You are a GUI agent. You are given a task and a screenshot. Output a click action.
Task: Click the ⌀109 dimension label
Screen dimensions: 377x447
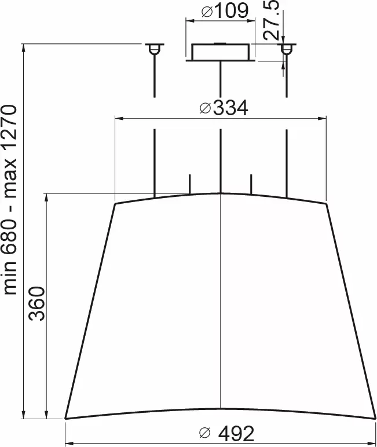pos(225,11)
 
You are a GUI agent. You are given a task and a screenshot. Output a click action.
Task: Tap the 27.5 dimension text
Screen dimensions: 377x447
pos(271,20)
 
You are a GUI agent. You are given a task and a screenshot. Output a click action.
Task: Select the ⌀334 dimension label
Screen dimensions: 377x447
pos(224,108)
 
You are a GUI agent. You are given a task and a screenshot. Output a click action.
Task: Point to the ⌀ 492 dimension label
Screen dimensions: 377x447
pos(226,433)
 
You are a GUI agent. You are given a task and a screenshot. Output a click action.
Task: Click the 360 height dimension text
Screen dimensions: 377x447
pos(38,303)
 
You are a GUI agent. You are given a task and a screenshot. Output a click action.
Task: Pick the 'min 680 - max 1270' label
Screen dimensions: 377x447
pos(11,200)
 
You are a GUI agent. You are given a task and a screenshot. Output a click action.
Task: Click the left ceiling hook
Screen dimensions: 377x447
pos(154,49)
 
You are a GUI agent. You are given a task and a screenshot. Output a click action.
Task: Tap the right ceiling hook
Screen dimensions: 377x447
pos(287,49)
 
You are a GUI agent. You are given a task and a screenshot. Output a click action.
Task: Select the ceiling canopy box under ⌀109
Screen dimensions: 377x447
pos(220,52)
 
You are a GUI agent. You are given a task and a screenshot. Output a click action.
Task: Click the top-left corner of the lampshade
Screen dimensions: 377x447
pos(115,204)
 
